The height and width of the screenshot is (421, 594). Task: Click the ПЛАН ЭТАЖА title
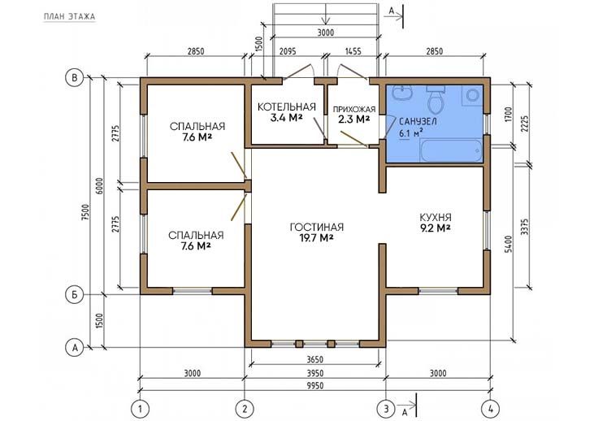click(x=69, y=16)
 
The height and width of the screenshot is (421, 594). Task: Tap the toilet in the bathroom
click(x=436, y=100)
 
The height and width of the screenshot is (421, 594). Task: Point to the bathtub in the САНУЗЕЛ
click(x=451, y=150)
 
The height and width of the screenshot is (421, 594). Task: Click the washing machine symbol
click(x=472, y=95)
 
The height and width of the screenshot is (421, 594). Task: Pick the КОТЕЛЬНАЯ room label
click(x=286, y=106)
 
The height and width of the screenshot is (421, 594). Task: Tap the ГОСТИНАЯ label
click(x=317, y=227)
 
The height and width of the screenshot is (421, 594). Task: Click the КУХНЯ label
click(x=436, y=218)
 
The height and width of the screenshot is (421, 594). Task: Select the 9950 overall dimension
click(x=315, y=386)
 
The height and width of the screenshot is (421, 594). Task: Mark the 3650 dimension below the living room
click(x=315, y=359)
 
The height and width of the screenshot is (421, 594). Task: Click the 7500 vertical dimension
click(x=85, y=214)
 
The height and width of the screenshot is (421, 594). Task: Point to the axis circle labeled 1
click(x=140, y=410)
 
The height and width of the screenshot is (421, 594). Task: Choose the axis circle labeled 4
click(x=491, y=410)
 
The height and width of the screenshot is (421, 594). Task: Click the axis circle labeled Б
click(x=74, y=294)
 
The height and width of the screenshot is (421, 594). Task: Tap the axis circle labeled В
click(x=74, y=78)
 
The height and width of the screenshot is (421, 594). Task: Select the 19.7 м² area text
click(x=317, y=238)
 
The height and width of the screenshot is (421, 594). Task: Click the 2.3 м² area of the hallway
click(x=353, y=119)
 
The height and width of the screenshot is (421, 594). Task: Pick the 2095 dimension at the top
click(x=287, y=51)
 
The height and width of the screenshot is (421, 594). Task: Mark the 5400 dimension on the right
click(x=508, y=244)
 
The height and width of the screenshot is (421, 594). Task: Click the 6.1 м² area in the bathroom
click(x=410, y=133)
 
